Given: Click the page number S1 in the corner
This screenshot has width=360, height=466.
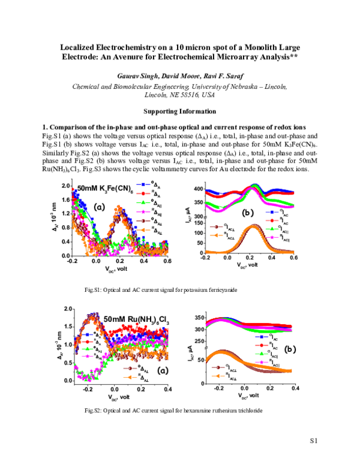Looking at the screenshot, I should pyautogui.click(x=313, y=442).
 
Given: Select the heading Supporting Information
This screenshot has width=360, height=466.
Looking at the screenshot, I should pyautogui.click(x=180, y=112).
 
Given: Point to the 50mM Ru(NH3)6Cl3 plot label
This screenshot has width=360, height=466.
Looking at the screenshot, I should pyautogui.click(x=136, y=319).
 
